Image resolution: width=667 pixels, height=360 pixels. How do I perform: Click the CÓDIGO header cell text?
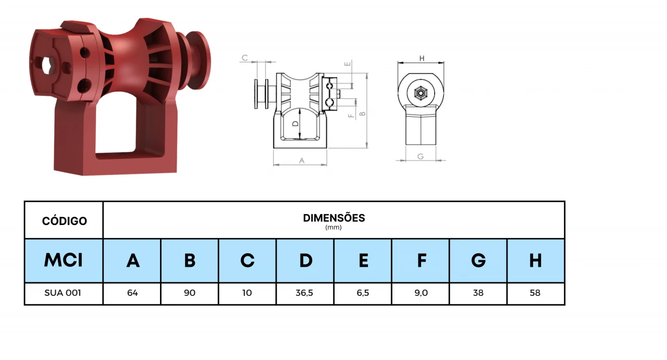coord(64,221)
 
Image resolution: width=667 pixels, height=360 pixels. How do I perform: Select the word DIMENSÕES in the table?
coord(333,218)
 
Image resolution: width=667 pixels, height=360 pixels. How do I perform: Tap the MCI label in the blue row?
coord(64,260)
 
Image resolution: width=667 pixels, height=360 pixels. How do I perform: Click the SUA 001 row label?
coord(63,293)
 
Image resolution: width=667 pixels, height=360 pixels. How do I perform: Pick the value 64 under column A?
coord(132,293)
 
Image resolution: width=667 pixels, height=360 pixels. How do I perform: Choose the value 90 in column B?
coord(190,293)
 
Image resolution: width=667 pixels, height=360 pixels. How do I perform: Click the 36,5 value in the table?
coord(304,293)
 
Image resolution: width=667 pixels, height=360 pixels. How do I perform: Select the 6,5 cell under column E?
coord(363,293)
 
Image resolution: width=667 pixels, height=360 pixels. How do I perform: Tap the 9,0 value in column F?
coord(421,293)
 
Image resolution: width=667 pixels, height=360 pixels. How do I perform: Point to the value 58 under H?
coord(535,293)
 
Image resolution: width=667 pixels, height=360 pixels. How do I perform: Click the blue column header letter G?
coord(478,260)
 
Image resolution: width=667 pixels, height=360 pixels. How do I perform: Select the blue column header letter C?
coord(248,260)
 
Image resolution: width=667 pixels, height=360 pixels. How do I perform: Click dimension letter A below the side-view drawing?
coord(301,160)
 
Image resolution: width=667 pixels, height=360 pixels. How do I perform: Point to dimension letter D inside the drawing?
coord(295,124)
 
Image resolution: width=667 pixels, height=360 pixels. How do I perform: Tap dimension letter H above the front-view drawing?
coord(422,58)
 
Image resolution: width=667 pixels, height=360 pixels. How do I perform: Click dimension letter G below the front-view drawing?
coord(421,156)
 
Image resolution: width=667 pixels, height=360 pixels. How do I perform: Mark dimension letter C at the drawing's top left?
coord(244,58)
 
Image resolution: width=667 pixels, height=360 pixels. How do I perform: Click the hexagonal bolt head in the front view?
coord(420,94)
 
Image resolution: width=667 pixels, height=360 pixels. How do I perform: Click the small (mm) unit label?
coord(333,228)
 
